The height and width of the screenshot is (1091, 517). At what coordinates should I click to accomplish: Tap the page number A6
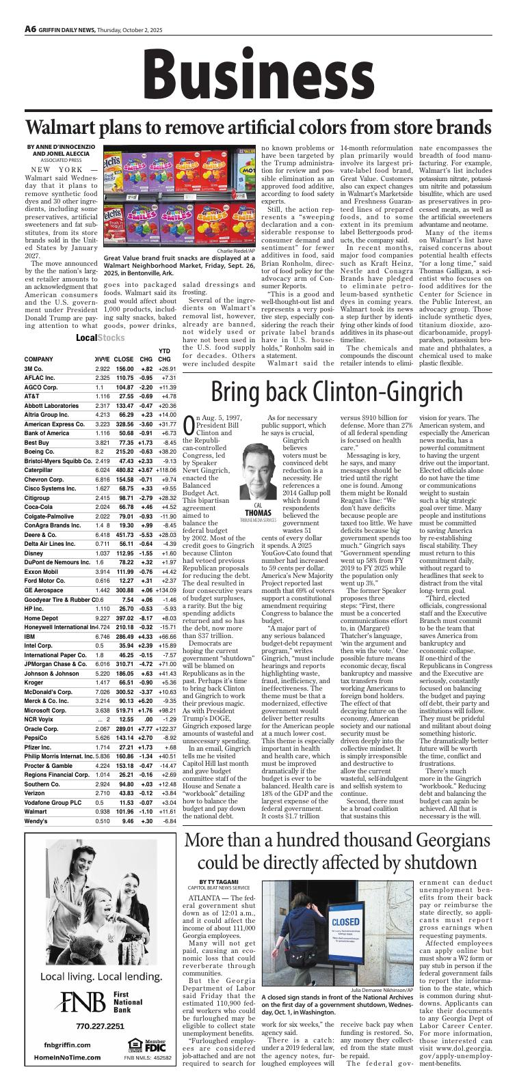point(31,29)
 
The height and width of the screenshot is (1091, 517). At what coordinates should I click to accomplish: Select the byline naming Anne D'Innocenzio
point(62,146)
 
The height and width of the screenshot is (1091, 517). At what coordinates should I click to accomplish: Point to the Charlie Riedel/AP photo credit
point(236,251)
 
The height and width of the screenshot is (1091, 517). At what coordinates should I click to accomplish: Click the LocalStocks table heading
point(96,338)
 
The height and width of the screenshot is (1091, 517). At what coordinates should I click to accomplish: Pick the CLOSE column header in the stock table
point(124,359)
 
